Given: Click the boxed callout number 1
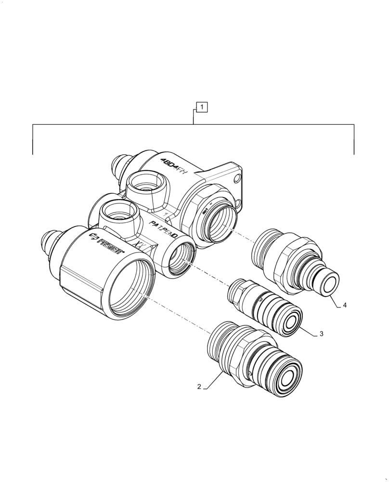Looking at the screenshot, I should [x=202, y=107].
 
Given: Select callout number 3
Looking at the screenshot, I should [x=321, y=334].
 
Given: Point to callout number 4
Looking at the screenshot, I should [x=344, y=306].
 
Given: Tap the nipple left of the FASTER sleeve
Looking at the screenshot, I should [x=48, y=239].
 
